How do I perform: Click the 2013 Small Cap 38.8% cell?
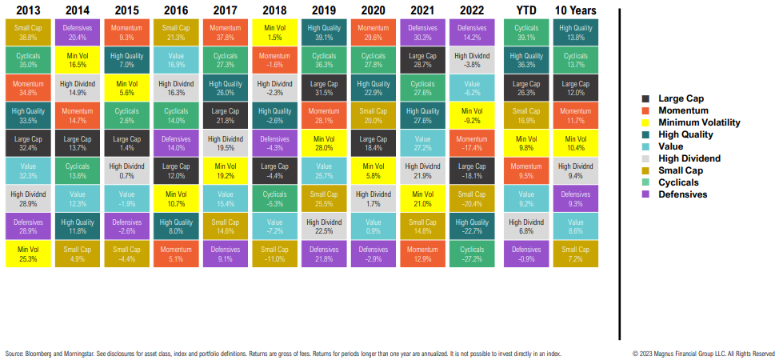tap(28, 33)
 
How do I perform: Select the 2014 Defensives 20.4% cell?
tap(78, 33)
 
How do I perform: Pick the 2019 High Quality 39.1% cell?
tap(324, 33)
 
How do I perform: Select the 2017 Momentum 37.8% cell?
tap(225, 33)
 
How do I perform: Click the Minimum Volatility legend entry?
tap(698, 122)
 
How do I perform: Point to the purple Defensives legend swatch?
tap(645, 194)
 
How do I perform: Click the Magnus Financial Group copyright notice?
tap(703, 353)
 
